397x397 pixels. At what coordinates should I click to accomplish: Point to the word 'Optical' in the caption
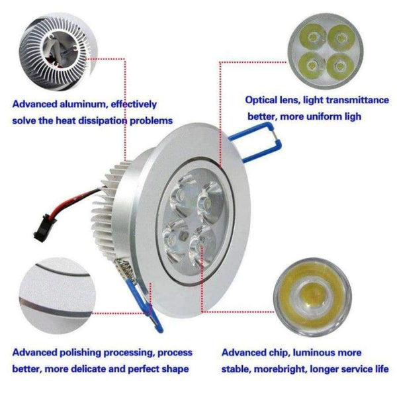click(262, 101)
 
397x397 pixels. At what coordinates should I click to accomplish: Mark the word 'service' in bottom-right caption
click(345, 369)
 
